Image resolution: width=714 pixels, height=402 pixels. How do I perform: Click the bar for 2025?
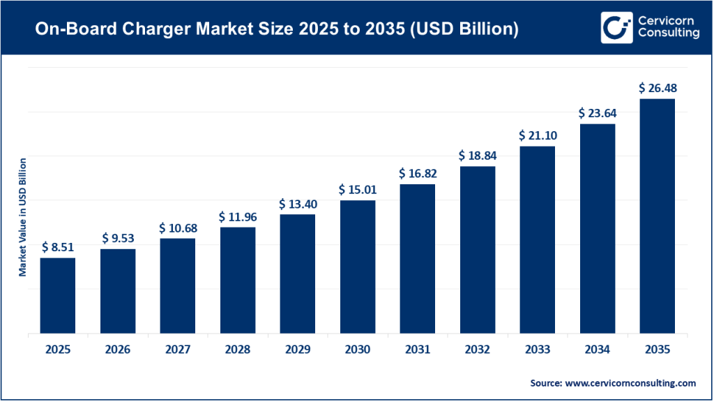pos(57,295)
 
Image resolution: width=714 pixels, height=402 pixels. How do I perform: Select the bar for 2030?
pos(357,267)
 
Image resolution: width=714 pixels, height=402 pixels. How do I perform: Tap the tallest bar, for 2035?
pos(657,216)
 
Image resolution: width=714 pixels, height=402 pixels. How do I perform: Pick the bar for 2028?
pos(237,280)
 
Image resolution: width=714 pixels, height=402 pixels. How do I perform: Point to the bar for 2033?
pos(537,239)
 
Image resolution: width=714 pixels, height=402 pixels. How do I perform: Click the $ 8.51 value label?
pos(57,246)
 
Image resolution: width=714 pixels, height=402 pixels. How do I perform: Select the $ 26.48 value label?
pos(657,88)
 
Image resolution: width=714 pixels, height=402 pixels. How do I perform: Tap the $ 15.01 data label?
pos(357,189)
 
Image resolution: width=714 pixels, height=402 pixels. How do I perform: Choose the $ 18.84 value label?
pos(477,155)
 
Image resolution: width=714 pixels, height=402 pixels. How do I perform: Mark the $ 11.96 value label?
pos(237,216)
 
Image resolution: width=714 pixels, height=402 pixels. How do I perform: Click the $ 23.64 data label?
pos(597,112)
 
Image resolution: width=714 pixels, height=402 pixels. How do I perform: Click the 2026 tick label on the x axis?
pos(117,350)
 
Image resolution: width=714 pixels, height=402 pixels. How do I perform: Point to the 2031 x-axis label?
pos(417,350)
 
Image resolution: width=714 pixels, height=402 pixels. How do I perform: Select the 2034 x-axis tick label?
pos(597,350)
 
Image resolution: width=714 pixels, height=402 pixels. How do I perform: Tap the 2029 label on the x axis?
pos(297,350)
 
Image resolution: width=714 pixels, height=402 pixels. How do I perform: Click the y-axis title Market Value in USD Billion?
pos(22,217)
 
